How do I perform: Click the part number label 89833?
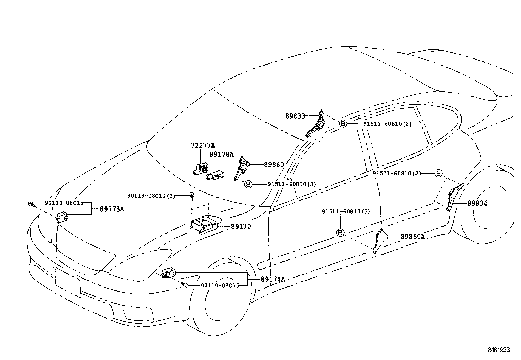tap(295, 116)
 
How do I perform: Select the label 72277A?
tap(203, 145)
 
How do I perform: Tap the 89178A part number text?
tap(222, 154)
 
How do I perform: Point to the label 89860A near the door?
tap(413, 237)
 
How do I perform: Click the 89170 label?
tap(241, 226)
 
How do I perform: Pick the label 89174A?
tap(273, 279)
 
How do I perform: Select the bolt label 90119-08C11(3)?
tap(151, 196)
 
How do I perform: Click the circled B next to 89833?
tap(342, 124)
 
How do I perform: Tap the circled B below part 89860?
tap(248, 184)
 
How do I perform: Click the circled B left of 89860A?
tap(340, 233)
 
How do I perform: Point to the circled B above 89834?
tap(439, 173)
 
